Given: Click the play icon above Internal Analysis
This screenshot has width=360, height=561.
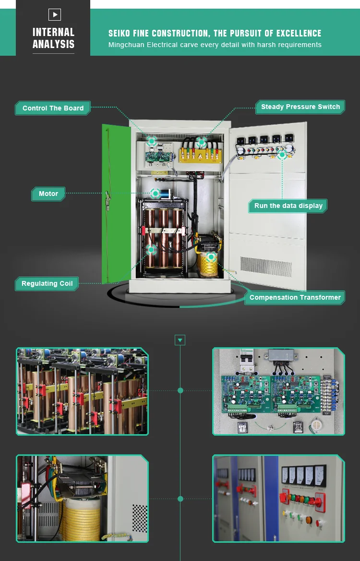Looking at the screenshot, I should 55,15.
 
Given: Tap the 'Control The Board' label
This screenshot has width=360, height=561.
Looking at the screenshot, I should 53,108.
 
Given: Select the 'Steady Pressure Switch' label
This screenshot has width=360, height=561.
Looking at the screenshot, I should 300,107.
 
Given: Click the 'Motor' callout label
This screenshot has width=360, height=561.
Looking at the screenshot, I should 48,194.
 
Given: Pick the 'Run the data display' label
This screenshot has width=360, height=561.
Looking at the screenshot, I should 288,206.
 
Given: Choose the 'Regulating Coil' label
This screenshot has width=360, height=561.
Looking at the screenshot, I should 47,283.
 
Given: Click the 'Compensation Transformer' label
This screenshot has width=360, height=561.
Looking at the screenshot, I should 295,297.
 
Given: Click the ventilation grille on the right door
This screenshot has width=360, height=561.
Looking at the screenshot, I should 259,267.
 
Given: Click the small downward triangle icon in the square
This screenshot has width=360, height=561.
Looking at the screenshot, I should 180,341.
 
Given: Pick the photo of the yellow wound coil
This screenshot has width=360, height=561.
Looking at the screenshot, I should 83,499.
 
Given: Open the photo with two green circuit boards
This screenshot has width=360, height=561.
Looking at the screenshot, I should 278,391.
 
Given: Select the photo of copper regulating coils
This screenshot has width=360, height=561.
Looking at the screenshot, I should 83,391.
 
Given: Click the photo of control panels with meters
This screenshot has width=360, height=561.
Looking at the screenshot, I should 278,499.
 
